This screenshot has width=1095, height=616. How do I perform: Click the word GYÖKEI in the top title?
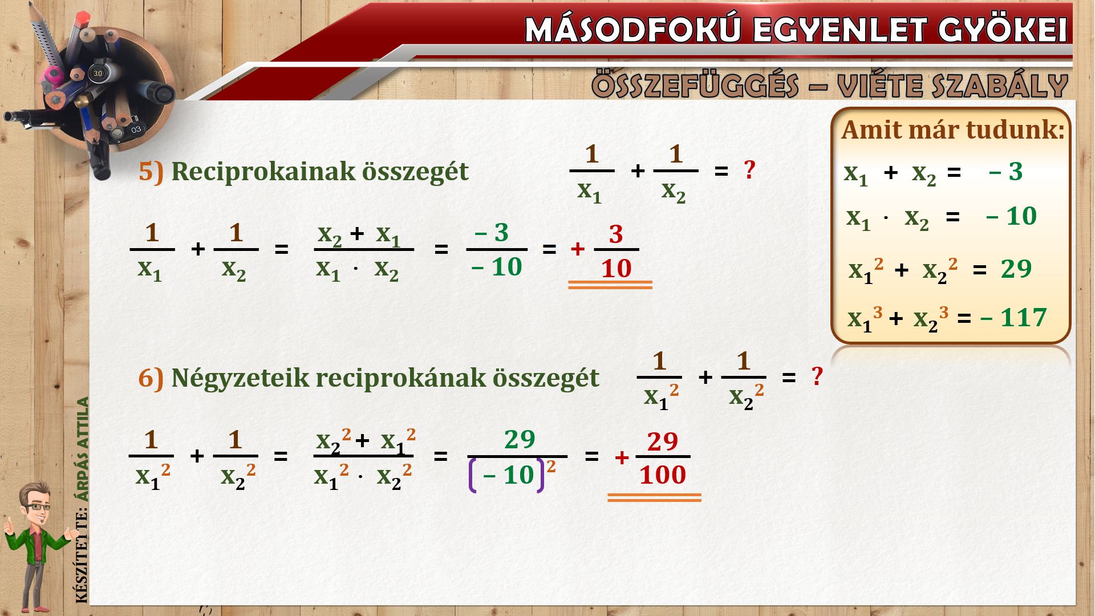click(1003, 29)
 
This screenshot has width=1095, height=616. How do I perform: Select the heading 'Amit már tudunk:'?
click(953, 130)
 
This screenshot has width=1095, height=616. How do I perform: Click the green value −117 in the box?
click(1013, 318)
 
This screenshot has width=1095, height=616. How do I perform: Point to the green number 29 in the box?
click(1016, 269)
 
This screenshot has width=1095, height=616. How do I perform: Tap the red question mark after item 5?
click(749, 169)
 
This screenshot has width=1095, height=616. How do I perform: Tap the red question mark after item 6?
click(817, 376)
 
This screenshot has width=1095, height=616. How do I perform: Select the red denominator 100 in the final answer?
click(662, 475)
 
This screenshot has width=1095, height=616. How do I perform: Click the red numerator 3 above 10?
click(616, 234)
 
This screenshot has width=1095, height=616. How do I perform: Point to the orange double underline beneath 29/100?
click(654, 498)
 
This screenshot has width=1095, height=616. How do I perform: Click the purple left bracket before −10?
click(473, 475)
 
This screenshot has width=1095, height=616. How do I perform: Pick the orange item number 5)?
click(151, 172)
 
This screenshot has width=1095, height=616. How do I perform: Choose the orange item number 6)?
click(151, 378)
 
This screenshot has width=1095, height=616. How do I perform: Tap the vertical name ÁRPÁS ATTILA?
click(83, 449)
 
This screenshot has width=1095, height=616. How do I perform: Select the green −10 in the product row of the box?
click(1011, 216)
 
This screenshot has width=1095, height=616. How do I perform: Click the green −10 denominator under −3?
click(497, 267)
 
